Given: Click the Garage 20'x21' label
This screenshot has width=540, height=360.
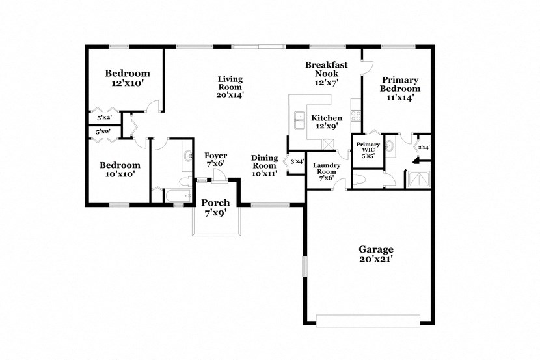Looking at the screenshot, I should (x=375, y=254).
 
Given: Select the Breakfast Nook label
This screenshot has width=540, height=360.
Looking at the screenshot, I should (x=326, y=74).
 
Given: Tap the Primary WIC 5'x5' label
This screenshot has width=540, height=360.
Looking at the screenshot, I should (x=367, y=150).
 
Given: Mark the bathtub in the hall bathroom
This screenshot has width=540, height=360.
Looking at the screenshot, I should (x=173, y=196).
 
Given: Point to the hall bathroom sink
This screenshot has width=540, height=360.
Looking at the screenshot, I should (x=187, y=155).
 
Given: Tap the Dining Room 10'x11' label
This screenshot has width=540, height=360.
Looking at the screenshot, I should (x=265, y=165).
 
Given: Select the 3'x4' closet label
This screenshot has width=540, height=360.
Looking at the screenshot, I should (x=297, y=161).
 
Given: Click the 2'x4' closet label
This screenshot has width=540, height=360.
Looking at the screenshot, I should (x=424, y=148).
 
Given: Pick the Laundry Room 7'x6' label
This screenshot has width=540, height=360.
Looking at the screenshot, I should (x=326, y=171).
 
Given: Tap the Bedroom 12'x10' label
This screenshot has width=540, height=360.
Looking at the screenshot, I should (x=128, y=78).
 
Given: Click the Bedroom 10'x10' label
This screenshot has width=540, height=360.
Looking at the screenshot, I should (x=119, y=170).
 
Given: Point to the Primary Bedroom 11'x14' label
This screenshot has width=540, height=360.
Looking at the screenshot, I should (x=400, y=88).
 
